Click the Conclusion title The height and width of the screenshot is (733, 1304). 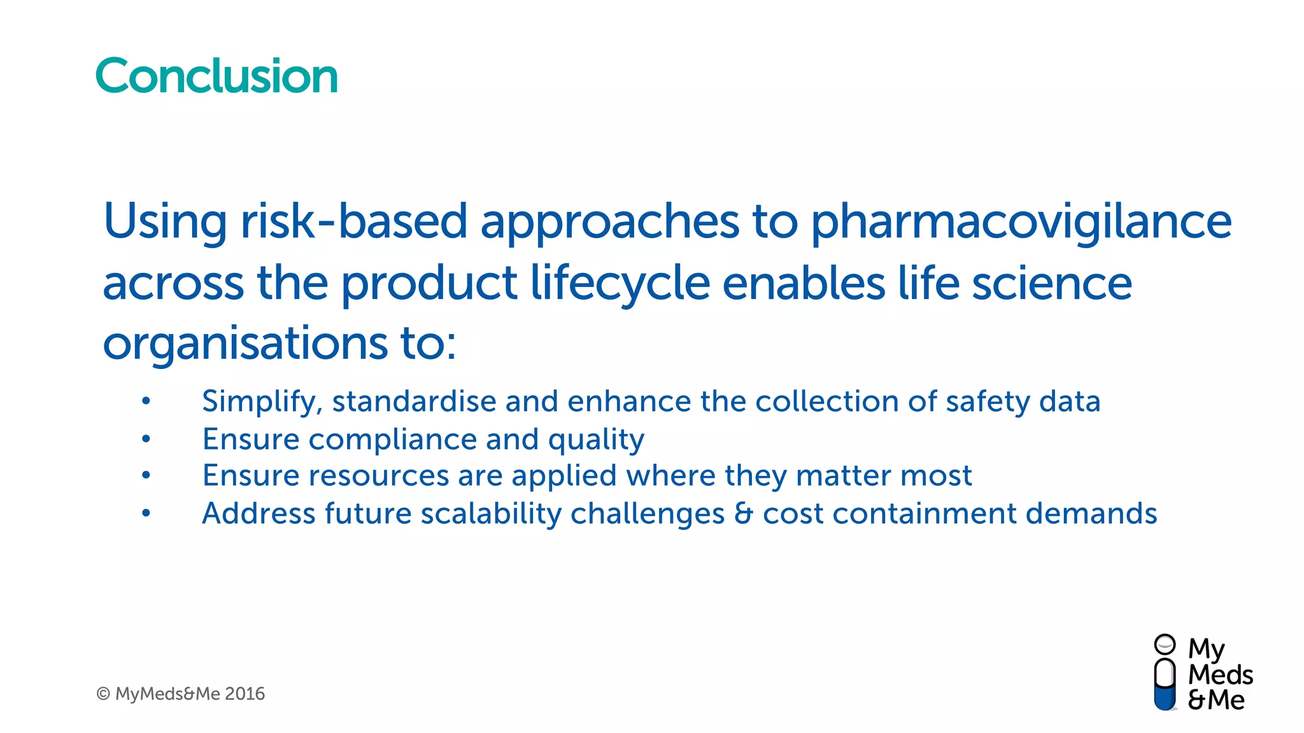tap(216, 76)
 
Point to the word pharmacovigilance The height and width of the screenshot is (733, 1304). tap(1021, 223)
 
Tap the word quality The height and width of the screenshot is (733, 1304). tap(596, 440)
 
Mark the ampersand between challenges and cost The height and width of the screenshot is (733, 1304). tap(744, 514)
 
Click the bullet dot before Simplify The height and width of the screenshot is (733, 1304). tap(146, 401)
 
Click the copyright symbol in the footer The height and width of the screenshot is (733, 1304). tap(103, 694)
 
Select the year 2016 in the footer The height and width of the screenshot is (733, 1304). tap(245, 694)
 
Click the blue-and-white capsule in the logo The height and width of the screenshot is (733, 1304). tap(1165, 685)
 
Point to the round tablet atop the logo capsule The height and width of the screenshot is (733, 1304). tap(1165, 644)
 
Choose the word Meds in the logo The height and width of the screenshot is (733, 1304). tap(1221, 675)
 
